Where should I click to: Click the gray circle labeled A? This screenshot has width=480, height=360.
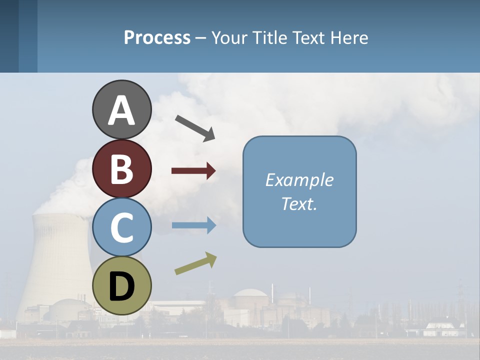(121, 109)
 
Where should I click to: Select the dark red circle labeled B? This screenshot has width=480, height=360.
(121, 168)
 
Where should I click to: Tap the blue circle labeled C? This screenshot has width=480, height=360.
(121, 227)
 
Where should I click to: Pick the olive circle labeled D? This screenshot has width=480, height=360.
(121, 285)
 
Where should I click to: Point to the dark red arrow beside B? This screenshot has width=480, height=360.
(193, 171)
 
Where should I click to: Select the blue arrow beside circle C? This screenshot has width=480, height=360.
(194, 225)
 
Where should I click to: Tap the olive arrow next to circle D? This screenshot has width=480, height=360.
(196, 263)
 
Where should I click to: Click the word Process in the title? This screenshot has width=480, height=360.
(157, 37)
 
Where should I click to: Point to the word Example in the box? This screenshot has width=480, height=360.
(299, 180)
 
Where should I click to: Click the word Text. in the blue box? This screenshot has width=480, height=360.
(299, 203)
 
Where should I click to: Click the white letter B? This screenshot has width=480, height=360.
(121, 169)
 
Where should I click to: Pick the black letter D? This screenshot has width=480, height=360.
(121, 286)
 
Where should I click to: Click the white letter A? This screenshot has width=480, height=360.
(121, 110)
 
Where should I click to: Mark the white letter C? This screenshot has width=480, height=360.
(121, 228)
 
